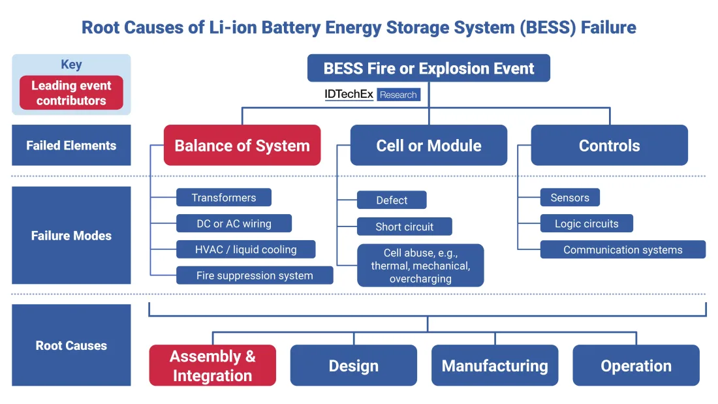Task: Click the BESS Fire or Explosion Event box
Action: click(x=428, y=68)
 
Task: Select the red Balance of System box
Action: click(x=242, y=145)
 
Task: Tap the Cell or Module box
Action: click(x=429, y=145)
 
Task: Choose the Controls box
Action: click(x=609, y=145)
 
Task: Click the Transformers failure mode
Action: click(x=224, y=198)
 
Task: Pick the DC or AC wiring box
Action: click(x=234, y=224)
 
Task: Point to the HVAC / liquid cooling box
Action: click(x=246, y=249)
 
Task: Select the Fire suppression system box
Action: click(x=255, y=275)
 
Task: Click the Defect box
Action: click(x=392, y=200)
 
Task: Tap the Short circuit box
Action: click(x=405, y=226)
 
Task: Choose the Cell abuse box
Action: click(x=420, y=266)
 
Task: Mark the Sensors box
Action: click(x=570, y=198)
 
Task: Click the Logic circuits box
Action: click(x=586, y=224)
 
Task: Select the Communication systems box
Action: click(x=623, y=249)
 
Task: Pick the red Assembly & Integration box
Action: click(x=213, y=365)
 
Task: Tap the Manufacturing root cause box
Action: click(x=495, y=365)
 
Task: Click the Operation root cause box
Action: click(x=636, y=365)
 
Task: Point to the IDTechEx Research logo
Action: click(x=373, y=95)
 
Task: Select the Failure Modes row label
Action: click(x=71, y=236)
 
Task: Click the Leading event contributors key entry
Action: click(x=71, y=93)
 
